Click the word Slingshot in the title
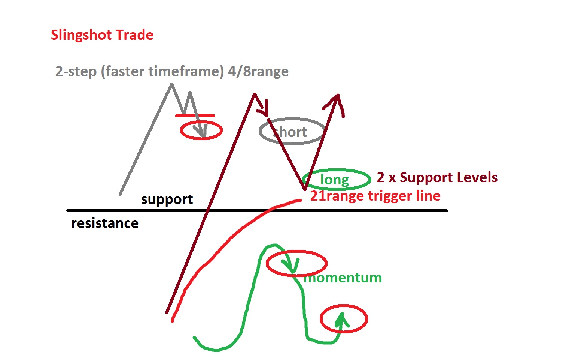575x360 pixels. coord(82,35)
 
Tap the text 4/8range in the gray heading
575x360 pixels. coord(258,71)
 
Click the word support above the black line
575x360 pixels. coord(167,199)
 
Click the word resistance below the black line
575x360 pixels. coord(105,223)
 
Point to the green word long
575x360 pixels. coord(334,180)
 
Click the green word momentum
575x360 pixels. coord(343,278)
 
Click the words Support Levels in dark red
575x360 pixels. coord(448,177)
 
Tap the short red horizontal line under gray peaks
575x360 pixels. coord(195,115)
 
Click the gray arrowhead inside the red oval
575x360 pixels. coord(201,132)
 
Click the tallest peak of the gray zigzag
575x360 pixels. coord(172,85)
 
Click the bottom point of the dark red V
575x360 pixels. coord(305,189)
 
